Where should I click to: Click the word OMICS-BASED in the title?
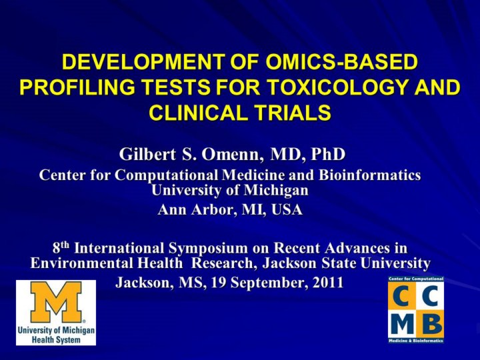[x=341, y=62]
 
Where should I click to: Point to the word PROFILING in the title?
[x=77, y=87]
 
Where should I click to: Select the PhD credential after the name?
[x=328, y=154]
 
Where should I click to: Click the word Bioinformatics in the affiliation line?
[x=370, y=175]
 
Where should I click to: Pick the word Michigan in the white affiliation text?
[x=276, y=191]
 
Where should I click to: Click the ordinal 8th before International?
[x=61, y=247]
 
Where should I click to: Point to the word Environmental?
[x=81, y=263]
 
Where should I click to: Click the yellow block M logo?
[x=56, y=302]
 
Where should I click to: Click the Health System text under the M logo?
[x=56, y=339]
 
